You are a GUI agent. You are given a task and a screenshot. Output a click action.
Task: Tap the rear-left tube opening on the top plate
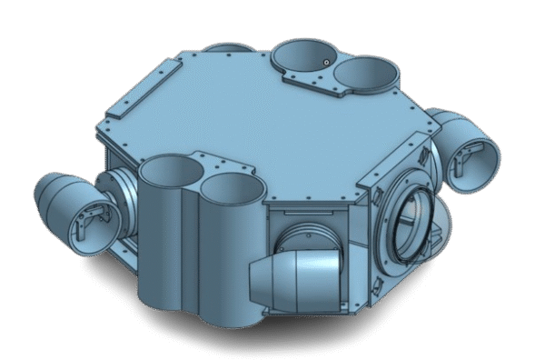[x=303, y=56]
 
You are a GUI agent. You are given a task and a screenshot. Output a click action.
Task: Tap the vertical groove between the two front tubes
[x=198, y=227]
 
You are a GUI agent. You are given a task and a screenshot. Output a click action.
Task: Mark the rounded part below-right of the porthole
[x=440, y=238]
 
